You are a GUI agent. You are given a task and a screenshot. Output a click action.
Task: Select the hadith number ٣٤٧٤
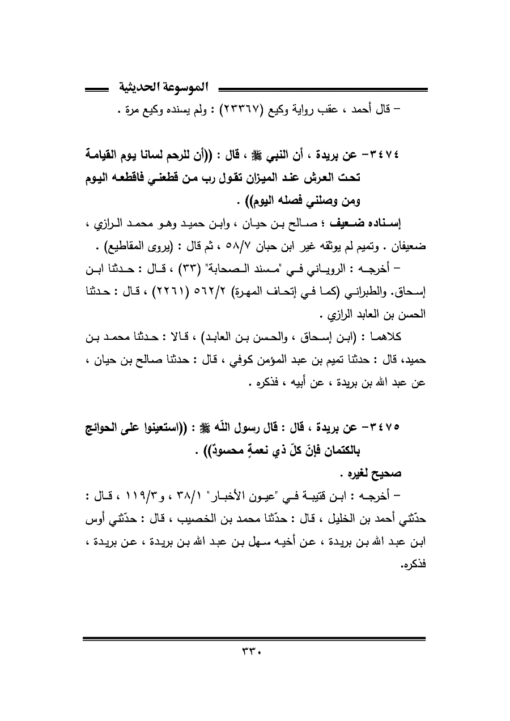pos(409,155)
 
